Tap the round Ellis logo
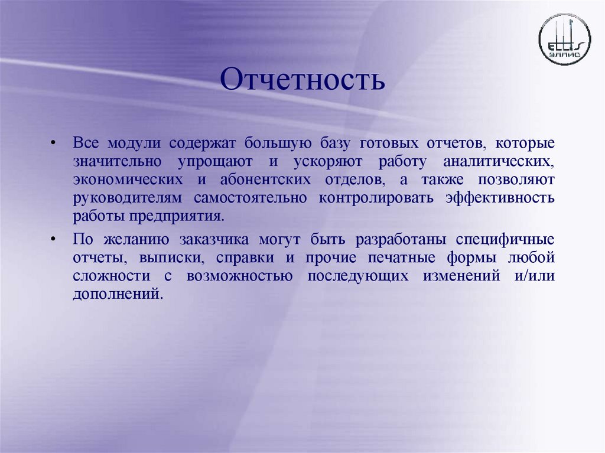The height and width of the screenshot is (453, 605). [564, 40]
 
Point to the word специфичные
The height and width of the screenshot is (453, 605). [506, 240]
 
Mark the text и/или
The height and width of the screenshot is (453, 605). [535, 276]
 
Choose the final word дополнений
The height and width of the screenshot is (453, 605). [116, 294]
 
